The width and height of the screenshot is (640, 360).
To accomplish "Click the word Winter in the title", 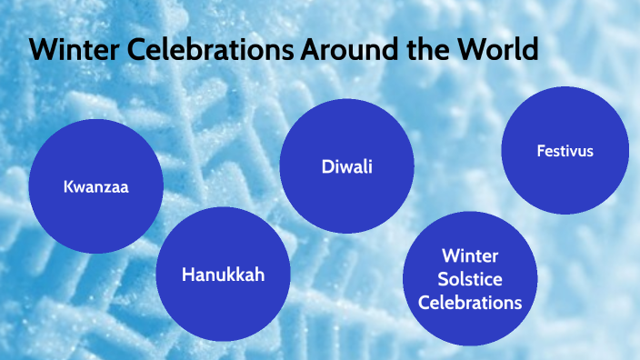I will coord(69,50).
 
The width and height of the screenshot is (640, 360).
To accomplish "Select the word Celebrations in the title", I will coord(202,50).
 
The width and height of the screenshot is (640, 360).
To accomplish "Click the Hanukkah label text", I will coord(223,274).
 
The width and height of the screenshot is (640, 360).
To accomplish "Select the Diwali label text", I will coord(347,166).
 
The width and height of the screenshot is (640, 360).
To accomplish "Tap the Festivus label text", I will coord(565,150).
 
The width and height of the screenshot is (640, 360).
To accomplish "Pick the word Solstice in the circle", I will coord(470,278).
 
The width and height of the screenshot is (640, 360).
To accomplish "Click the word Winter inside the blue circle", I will coord(470,255).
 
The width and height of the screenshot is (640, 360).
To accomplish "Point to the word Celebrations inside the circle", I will coord(470,302).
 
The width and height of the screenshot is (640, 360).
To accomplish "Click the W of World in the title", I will coord(473,50).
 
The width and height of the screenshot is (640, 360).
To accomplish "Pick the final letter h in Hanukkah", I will coord(259,274).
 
